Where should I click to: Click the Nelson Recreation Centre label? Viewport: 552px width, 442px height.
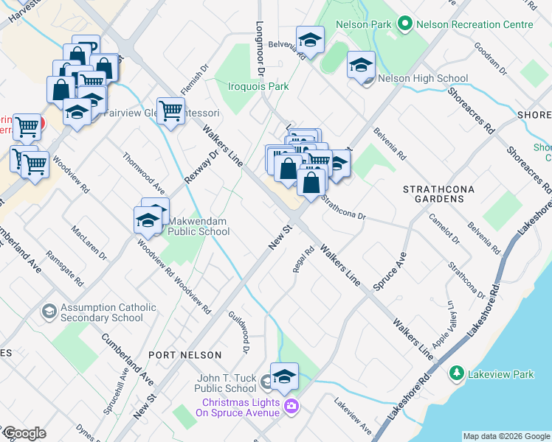coord(475,24)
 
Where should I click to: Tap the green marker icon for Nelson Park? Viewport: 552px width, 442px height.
coord(404,24)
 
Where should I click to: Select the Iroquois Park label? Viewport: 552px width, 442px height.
coord(258,86)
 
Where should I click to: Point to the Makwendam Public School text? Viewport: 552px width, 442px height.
coord(199,226)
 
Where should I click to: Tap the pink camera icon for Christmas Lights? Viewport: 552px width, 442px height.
coord(291,406)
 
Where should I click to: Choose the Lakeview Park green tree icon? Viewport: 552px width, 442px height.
coord(457,374)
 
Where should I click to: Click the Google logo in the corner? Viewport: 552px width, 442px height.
coord(24,433)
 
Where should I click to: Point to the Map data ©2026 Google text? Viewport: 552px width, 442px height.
coord(506,436)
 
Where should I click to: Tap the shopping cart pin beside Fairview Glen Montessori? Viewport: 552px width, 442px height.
coord(171,111)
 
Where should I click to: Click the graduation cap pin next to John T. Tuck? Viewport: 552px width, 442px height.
coord(284,376)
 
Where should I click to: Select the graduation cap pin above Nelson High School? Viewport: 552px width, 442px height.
coord(361,65)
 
